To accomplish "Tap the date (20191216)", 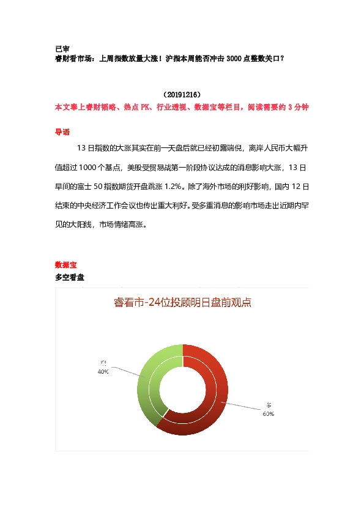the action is click(182, 95).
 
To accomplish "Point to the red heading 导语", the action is click(62, 132).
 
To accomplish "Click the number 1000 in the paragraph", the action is click(89, 166).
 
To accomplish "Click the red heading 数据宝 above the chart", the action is click(66, 265).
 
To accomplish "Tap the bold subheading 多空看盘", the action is click(70, 278).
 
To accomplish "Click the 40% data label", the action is click(103, 371).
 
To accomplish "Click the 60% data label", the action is click(269, 413).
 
